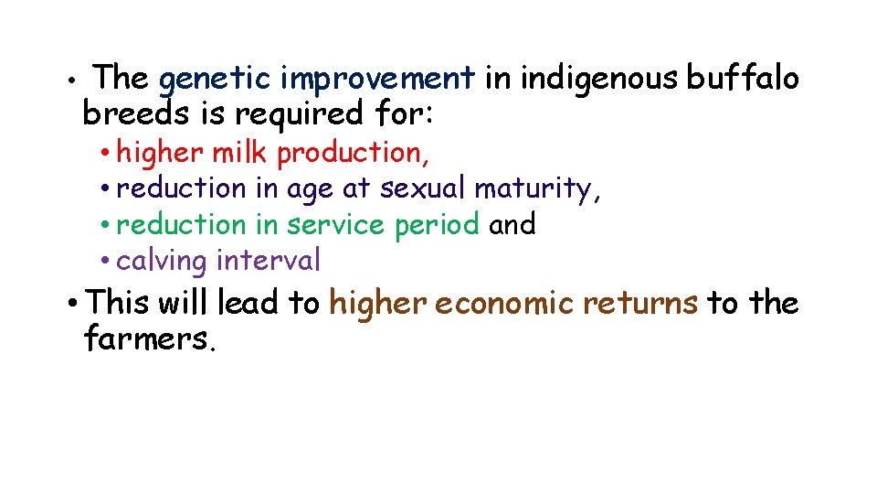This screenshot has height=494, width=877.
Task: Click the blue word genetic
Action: click(x=215, y=80)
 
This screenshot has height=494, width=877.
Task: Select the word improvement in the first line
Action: click(x=377, y=80)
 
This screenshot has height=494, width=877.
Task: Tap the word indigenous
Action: click(x=598, y=80)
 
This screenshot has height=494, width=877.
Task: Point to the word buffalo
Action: click(x=743, y=80)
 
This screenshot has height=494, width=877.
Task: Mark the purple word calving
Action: click(x=163, y=262)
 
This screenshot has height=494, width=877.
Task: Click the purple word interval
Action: click(x=269, y=261)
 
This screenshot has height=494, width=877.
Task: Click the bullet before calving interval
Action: click(x=107, y=262)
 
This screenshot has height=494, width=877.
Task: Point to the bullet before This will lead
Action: click(x=72, y=303)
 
